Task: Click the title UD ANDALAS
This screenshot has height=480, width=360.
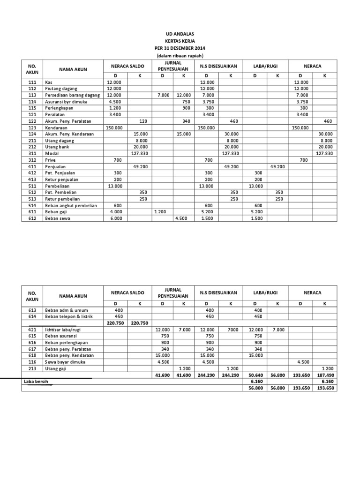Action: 180,34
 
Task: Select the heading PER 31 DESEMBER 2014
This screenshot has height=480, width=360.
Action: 180,48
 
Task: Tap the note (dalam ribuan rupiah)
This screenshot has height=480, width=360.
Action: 180,55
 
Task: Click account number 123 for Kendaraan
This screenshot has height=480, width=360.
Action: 32,127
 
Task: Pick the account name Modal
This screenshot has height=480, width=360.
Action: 52,153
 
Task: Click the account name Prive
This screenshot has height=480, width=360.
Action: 50,160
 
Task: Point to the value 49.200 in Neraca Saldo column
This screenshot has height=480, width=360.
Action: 140,166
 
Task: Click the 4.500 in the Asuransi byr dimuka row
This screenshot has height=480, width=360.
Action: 114,101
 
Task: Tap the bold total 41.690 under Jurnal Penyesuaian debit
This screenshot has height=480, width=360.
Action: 161,375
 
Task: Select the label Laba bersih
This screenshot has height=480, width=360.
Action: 36,382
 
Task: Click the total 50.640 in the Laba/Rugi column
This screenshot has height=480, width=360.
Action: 255,375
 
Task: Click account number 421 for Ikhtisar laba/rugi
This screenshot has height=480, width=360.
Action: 32,330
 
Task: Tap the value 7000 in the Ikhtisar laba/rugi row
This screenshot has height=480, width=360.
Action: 232,330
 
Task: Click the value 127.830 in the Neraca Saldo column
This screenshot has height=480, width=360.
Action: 139,153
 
